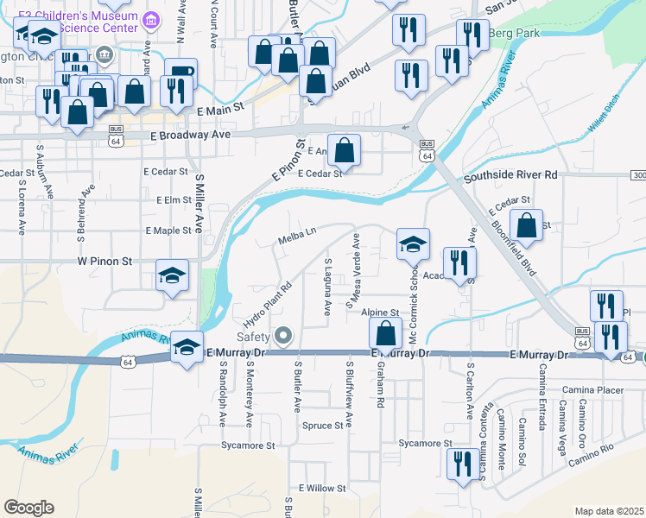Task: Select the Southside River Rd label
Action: pyautogui.click(x=510, y=175)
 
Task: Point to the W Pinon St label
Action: pyautogui.click(x=104, y=260)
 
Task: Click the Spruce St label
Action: pyautogui.click(x=323, y=426)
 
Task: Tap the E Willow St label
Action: pyautogui.click(x=322, y=488)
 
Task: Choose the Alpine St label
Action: pyautogui.click(x=379, y=312)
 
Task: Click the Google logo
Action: pyautogui.click(x=28, y=507)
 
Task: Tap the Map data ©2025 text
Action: pyautogui.click(x=609, y=511)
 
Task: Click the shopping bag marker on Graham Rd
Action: pyautogui.click(x=386, y=333)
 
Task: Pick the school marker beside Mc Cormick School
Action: pyautogui.click(x=414, y=243)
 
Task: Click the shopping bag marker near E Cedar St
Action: pyautogui.click(x=345, y=150)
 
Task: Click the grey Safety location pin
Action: pyautogui.click(x=283, y=335)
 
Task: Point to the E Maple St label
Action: pyautogui.click(x=168, y=231)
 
